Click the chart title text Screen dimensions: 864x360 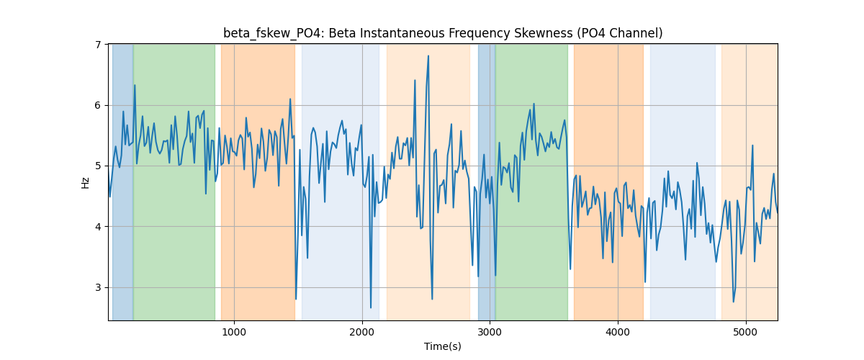(x=443, y=34)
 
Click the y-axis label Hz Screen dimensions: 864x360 (x=85, y=183)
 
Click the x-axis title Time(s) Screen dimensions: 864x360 (x=443, y=346)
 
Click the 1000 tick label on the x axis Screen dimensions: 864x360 (x=234, y=332)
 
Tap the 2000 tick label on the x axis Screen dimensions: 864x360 (x=362, y=332)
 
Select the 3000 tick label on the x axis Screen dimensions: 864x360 (x=490, y=332)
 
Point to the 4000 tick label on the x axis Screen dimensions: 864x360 (x=618, y=332)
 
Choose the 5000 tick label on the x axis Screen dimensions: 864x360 (x=746, y=332)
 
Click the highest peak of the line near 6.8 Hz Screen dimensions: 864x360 (x=428, y=56)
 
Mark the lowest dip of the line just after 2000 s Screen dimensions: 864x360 (x=371, y=307)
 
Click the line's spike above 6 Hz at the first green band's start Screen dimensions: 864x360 (x=135, y=85)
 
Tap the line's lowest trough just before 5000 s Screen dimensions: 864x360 (x=733, y=302)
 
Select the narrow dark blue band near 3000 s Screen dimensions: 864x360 (x=487, y=182)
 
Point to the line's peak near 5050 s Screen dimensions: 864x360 (x=752, y=145)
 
